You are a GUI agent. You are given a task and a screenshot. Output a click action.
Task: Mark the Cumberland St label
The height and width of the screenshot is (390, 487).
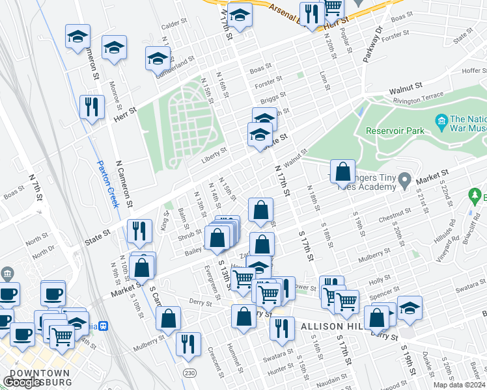coord(174,66)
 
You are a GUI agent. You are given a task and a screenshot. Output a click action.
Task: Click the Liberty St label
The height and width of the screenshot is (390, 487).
coord(214,151)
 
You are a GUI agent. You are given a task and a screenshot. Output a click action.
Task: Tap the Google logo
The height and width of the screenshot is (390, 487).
coord(23,382)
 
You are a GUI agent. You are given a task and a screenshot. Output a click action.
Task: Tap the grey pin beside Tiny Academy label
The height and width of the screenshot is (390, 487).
coord(404,178)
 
